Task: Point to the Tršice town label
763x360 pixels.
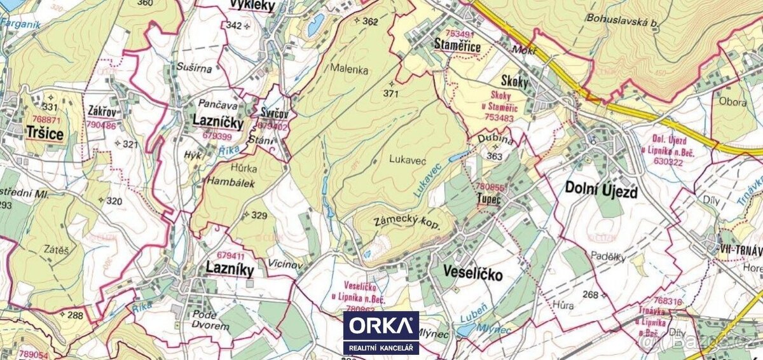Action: click(x=45, y=132)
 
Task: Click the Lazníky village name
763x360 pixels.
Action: click(x=230, y=269)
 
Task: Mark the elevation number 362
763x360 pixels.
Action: click(x=370, y=22)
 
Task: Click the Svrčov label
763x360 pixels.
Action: click(x=274, y=114)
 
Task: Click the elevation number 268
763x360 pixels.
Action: click(x=591, y=294)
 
